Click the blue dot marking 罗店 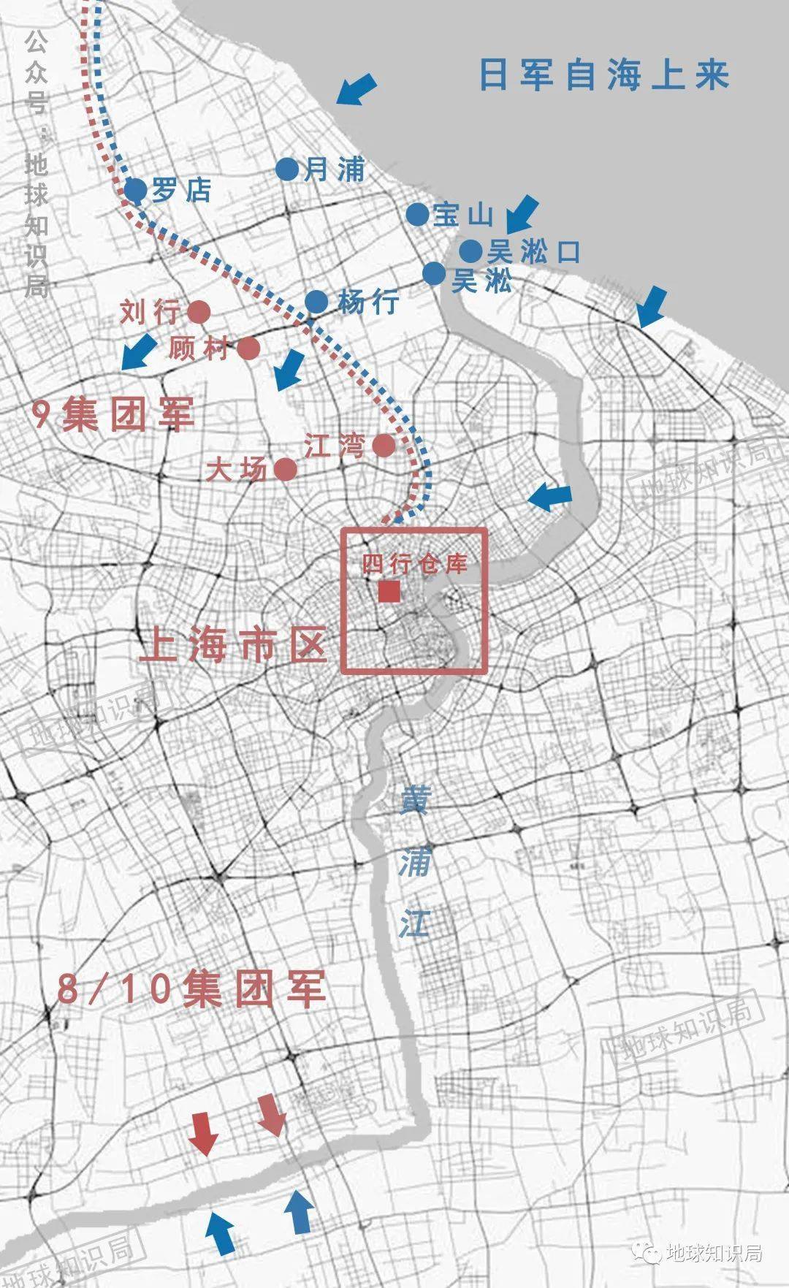point(136,191)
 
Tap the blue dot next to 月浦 point(287,169)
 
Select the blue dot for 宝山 point(417,214)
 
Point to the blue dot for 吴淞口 point(471,251)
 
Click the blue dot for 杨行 point(317,301)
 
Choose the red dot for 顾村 point(248,348)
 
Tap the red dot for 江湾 point(384,445)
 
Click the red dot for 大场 point(285,469)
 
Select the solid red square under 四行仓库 point(389,592)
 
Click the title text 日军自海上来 point(604,75)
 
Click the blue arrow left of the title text point(357,89)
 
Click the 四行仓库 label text point(414,563)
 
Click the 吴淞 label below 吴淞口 point(481,281)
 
